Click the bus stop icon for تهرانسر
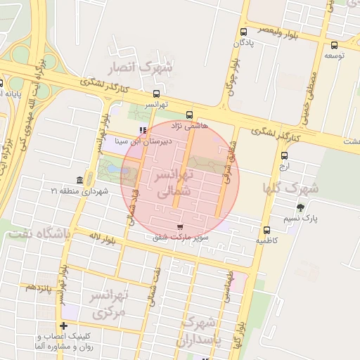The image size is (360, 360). (156, 94)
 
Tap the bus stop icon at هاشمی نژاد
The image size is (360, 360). (188, 115)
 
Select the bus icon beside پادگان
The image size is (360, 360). (243, 32)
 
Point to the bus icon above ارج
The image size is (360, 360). (284, 156)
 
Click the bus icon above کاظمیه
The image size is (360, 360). (266, 230)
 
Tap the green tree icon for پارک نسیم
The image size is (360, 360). (301, 207)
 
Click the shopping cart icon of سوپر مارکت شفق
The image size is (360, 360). (181, 227)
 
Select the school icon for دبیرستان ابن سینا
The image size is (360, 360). (144, 130)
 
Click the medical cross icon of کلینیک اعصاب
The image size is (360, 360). (64, 326)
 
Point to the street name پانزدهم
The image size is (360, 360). (40, 288)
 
